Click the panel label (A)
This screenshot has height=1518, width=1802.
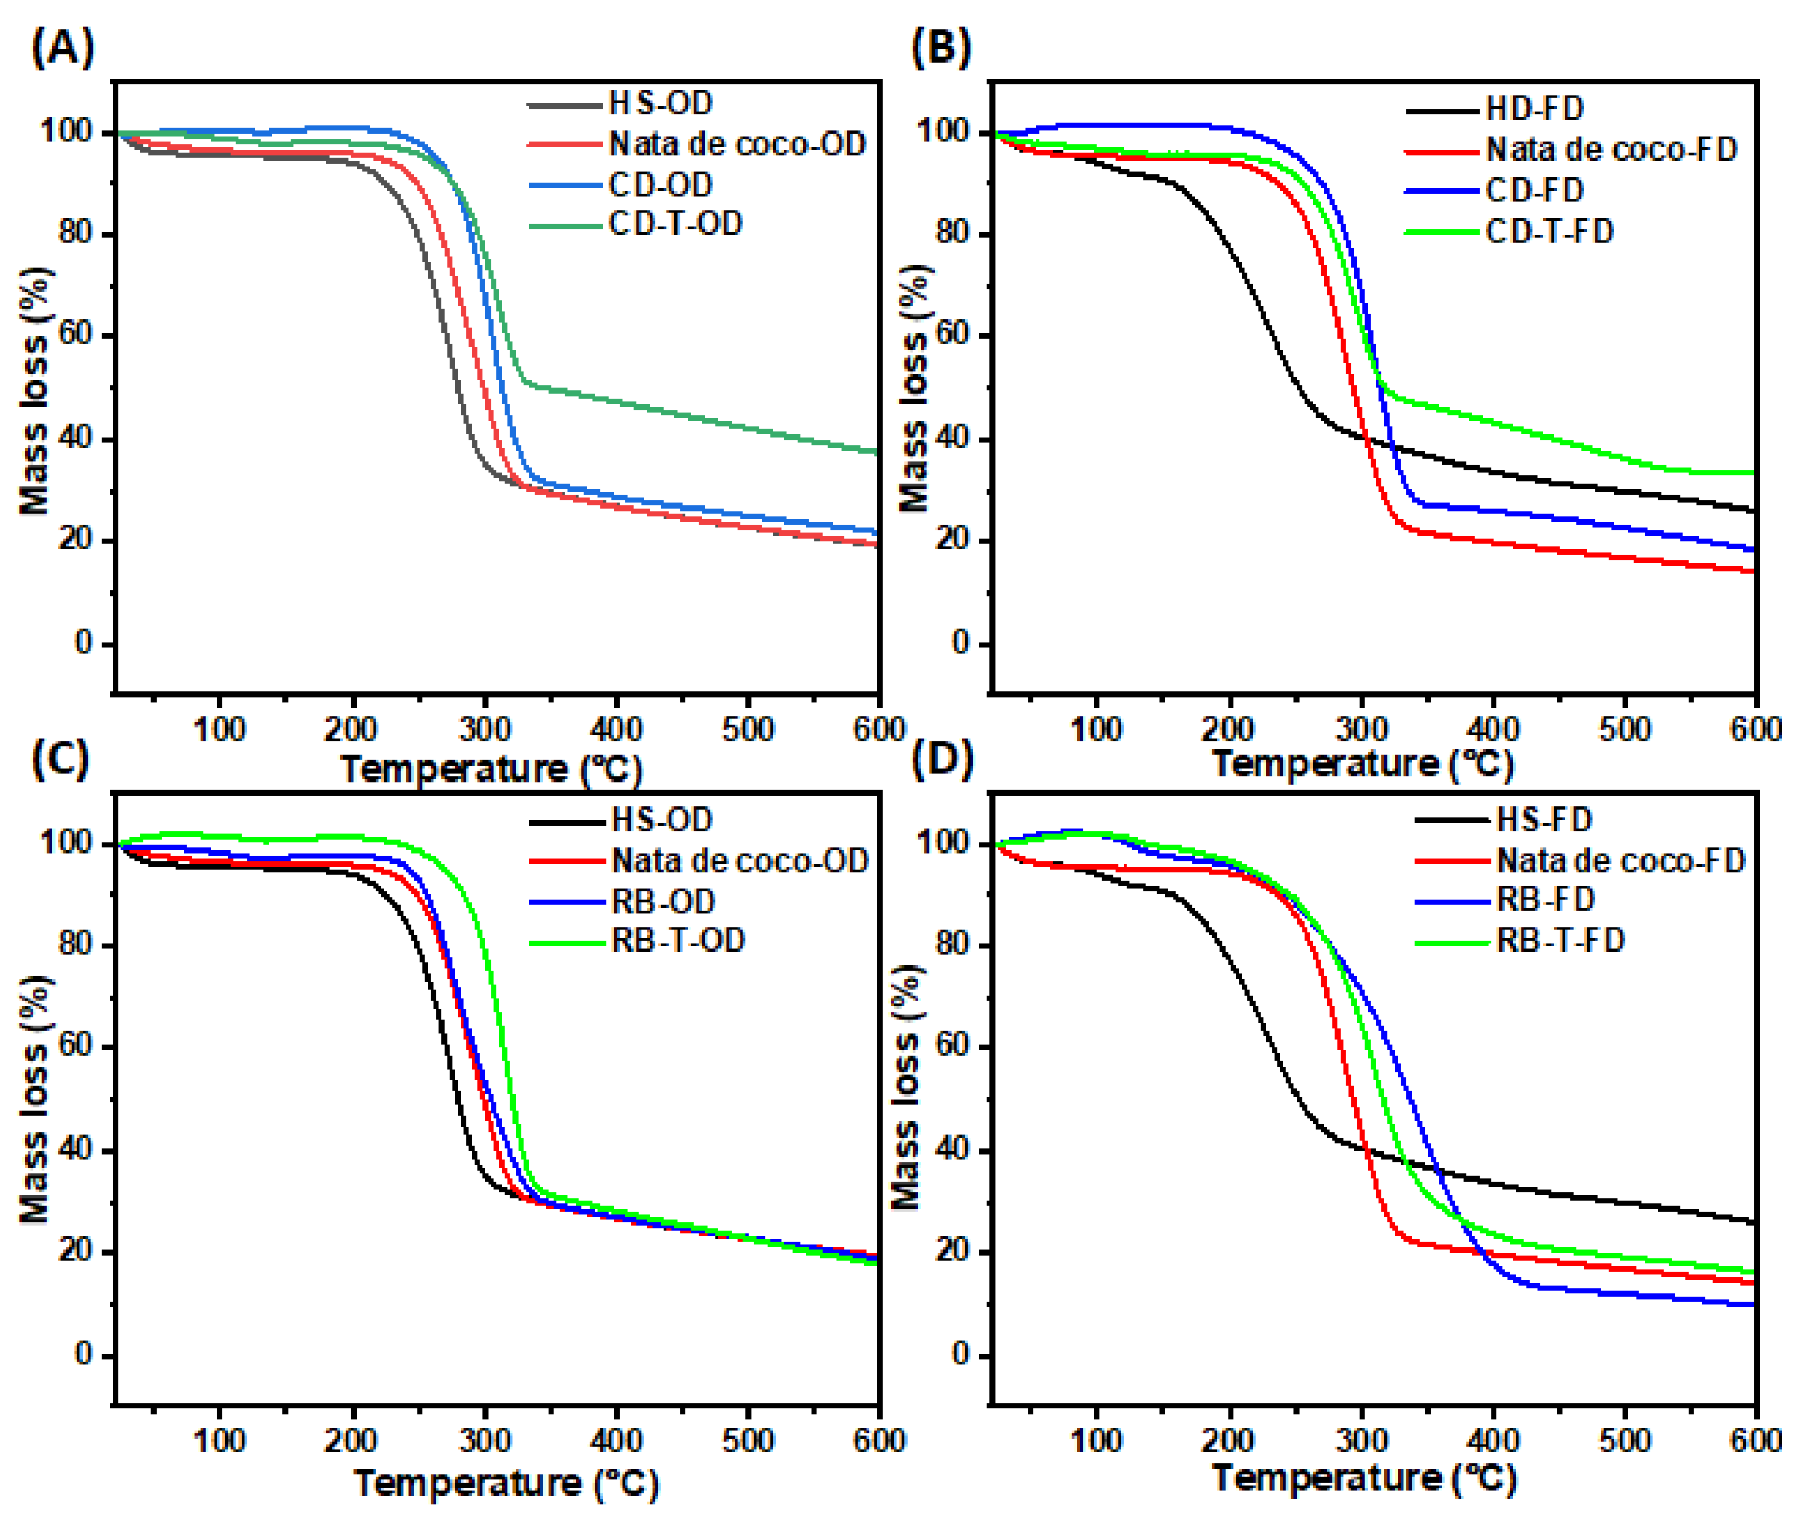click(62, 47)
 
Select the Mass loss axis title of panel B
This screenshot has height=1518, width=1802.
click(914, 387)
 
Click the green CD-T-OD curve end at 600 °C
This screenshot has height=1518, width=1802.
click(876, 451)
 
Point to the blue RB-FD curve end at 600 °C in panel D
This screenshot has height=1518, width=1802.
click(1752, 1304)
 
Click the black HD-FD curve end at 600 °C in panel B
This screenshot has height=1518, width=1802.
click(1752, 510)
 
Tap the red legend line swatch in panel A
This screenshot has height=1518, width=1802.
click(564, 144)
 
